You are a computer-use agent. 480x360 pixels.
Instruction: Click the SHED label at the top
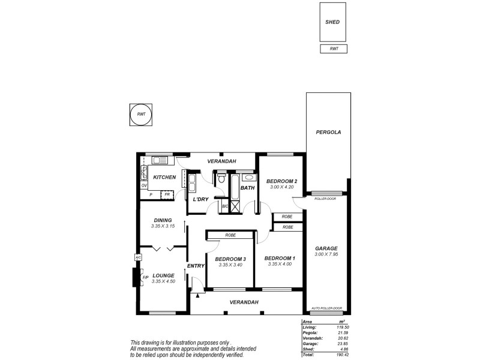pyautogui.click(x=332, y=22)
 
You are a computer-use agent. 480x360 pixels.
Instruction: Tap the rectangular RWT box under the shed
pyautogui.click(x=333, y=49)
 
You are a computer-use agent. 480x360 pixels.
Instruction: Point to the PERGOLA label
pyautogui.click(x=329, y=133)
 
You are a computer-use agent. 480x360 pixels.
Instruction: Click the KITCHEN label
pyautogui.click(x=164, y=177)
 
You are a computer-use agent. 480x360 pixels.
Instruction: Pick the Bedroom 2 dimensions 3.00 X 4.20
pyautogui.click(x=282, y=187)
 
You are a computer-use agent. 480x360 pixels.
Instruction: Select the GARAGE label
pyautogui.click(x=326, y=248)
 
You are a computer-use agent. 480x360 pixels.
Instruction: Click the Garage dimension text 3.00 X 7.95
pyautogui.click(x=326, y=254)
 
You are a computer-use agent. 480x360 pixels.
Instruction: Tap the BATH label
pyautogui.click(x=247, y=188)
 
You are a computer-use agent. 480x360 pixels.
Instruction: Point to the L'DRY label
pyautogui.click(x=200, y=199)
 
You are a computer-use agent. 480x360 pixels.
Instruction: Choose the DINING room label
pyautogui.click(x=163, y=220)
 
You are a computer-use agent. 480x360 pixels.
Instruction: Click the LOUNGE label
pyautogui.click(x=163, y=275)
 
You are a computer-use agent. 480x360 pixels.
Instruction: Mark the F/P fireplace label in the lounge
pyautogui.click(x=145, y=277)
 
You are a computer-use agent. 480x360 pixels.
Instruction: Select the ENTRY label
pyautogui.click(x=196, y=266)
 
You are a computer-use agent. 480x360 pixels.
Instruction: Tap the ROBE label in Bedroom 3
pyautogui.click(x=230, y=236)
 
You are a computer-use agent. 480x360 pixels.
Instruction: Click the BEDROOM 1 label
pyautogui.click(x=280, y=258)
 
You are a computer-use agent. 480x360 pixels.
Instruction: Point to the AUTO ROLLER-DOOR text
pyautogui.click(x=326, y=309)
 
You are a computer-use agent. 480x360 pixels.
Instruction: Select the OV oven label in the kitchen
pyautogui.click(x=144, y=186)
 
